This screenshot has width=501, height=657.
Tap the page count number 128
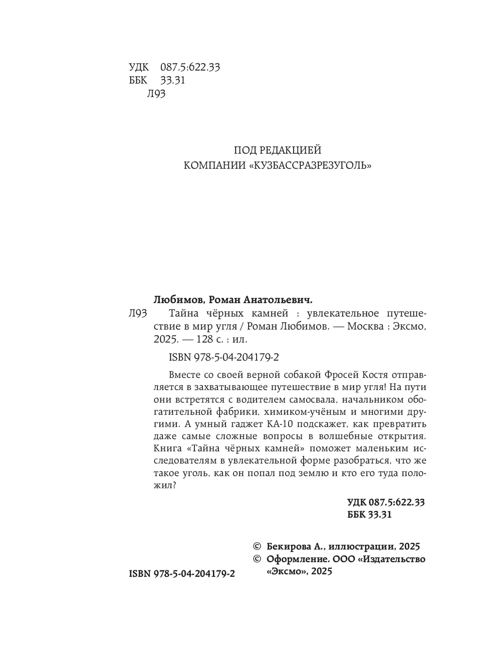point(205,340)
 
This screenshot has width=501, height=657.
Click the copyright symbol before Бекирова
point(258,546)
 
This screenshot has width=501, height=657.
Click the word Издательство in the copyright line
point(394,559)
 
